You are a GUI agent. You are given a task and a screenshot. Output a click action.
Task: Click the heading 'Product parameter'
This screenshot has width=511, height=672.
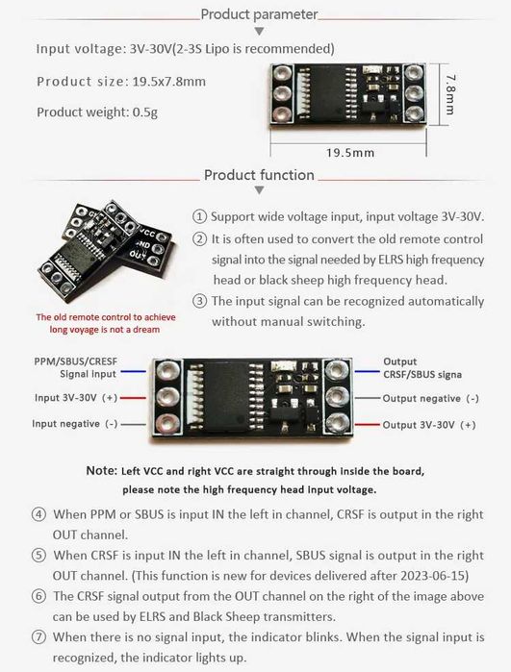tap(259, 14)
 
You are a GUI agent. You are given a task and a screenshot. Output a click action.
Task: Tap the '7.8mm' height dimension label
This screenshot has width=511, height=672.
tap(450, 95)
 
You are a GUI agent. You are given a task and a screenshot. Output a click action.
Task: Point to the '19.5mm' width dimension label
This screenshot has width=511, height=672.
tap(350, 153)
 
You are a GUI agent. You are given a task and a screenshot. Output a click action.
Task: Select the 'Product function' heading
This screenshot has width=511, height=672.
tap(259, 175)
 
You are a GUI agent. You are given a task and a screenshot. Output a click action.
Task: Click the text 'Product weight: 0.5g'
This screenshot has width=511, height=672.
tap(97, 112)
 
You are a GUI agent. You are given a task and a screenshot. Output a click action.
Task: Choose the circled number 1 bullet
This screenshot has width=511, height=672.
tap(199, 216)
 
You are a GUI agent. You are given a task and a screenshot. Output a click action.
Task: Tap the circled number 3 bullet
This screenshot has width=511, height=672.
tap(199, 301)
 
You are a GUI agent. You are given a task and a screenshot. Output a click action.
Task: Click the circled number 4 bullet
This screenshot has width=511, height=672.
tap(39, 514)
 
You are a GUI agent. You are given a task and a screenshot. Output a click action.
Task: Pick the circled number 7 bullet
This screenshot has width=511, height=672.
tap(39, 636)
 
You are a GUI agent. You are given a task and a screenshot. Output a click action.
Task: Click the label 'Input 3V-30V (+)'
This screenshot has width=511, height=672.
tap(76, 398)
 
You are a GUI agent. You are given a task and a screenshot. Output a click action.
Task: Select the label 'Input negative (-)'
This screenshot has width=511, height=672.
tap(75, 424)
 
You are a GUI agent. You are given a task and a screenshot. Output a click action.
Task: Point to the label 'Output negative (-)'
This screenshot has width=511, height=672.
tap(431, 399)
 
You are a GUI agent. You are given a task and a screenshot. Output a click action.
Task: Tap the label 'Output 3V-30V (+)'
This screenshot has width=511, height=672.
tap(429, 425)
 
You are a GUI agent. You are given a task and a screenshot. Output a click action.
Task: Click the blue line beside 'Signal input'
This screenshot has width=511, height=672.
tap(133, 372)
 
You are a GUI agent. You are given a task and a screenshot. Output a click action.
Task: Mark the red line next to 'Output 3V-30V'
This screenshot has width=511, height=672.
tap(368, 425)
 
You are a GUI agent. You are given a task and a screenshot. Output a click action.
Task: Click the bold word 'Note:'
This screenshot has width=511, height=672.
tap(102, 470)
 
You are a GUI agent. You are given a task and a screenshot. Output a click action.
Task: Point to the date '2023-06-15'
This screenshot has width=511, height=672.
tap(432, 575)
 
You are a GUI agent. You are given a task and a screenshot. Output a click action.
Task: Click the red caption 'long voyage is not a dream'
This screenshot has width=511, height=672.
tap(105, 330)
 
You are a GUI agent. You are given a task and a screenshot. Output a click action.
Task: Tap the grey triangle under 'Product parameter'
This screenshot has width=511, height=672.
tap(259, 32)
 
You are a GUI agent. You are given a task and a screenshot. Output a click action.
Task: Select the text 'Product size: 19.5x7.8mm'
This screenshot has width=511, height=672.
tap(121, 82)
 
